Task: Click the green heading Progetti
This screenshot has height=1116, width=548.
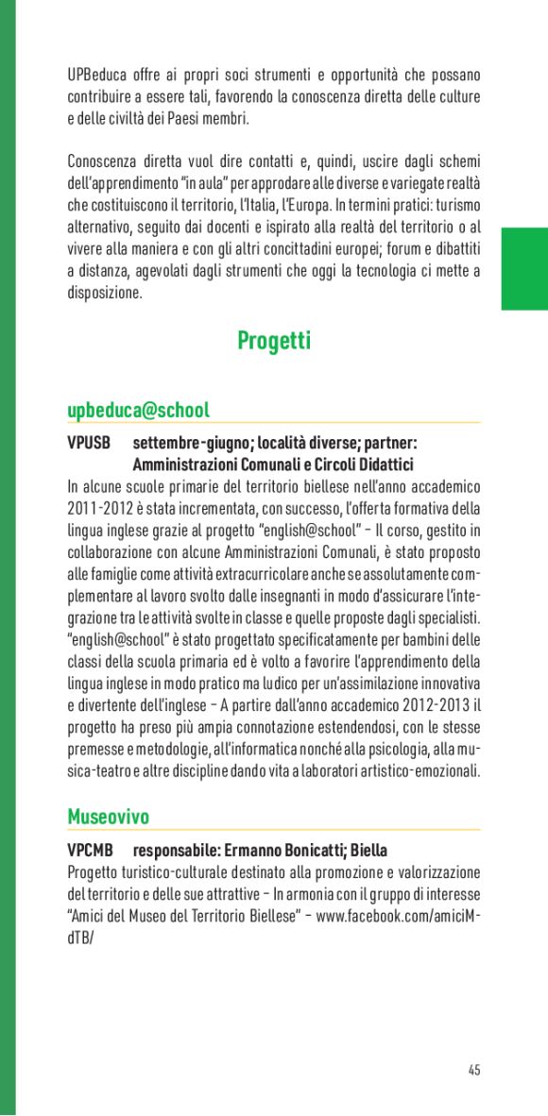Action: (274, 341)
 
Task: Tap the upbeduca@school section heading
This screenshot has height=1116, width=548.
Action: (138, 411)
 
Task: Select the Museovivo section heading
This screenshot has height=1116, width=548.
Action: (108, 817)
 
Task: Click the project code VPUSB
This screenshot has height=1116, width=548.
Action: (89, 443)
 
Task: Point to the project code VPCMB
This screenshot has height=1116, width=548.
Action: (90, 850)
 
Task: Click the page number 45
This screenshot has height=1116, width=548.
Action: (473, 1071)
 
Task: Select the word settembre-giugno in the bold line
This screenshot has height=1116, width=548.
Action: (177, 443)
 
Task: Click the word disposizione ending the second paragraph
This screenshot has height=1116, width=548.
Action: (105, 293)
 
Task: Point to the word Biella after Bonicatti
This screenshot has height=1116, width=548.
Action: (368, 850)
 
